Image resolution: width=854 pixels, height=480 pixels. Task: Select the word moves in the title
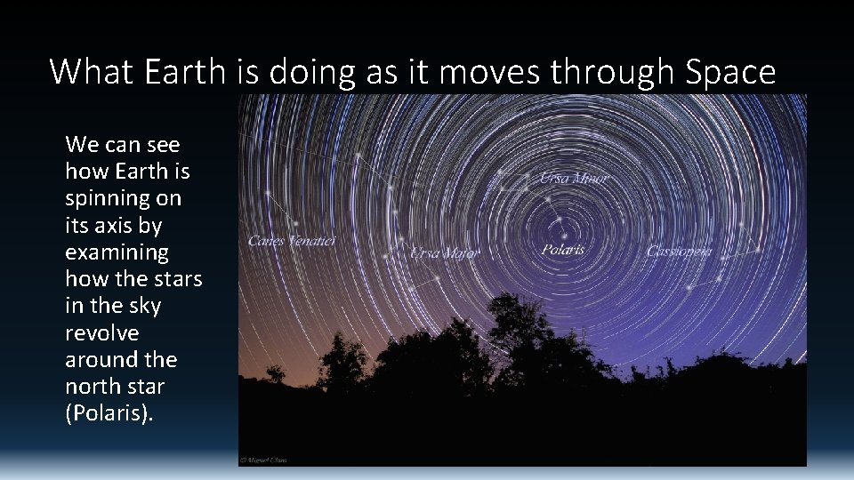488,71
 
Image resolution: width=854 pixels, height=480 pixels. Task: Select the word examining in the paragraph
117,252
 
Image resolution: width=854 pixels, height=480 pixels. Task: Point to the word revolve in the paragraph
101,332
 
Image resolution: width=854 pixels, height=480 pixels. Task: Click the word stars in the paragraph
179,279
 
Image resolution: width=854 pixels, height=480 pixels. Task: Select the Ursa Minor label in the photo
574,179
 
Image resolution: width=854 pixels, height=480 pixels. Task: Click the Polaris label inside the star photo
563,249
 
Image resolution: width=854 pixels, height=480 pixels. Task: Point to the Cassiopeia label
680,252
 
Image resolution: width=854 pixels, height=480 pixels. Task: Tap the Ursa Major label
444,253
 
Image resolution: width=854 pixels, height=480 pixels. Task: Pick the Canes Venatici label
292,241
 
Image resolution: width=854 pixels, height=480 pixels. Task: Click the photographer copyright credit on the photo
264,460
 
